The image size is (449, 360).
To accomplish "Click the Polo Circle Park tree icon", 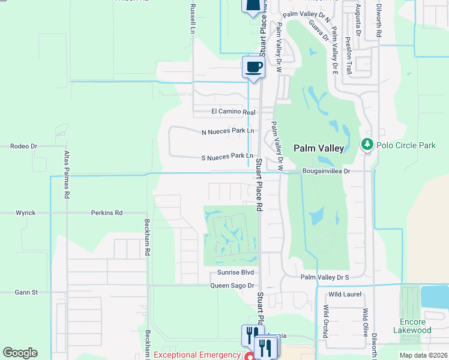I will [x=367, y=145].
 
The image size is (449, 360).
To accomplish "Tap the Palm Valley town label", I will [x=318, y=148].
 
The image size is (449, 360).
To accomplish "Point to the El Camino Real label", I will [x=234, y=112].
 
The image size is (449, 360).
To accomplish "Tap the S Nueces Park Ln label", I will [x=226, y=156].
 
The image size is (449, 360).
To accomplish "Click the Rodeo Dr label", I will [x=24, y=146].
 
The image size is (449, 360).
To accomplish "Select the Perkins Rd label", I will [x=107, y=212].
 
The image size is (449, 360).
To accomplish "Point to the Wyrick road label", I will [x=26, y=212].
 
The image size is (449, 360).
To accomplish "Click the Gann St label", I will [x=26, y=292].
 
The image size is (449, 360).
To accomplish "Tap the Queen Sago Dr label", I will [x=232, y=286].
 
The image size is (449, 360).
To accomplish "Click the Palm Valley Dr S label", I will [x=324, y=277].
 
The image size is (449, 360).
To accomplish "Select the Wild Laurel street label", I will [x=343, y=294].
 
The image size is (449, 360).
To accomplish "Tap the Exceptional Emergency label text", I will [x=197, y=355].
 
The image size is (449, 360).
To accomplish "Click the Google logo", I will [x=20, y=353].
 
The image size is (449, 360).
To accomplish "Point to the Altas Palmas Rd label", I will [x=67, y=175].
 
